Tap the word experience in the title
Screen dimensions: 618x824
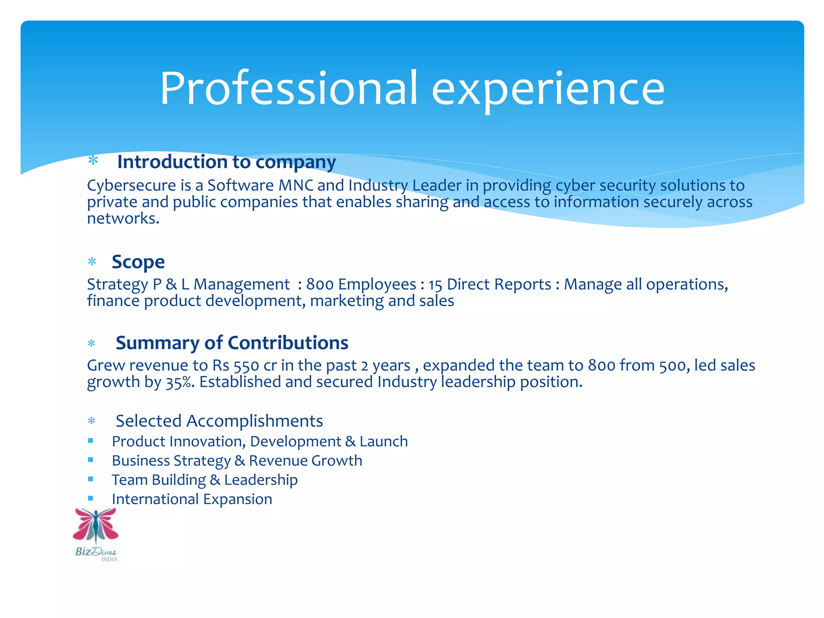tap(548, 89)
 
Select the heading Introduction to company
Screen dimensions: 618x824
tap(226, 162)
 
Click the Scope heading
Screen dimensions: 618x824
tap(138, 262)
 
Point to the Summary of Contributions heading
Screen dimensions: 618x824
tap(232, 343)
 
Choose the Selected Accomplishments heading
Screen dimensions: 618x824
tap(219, 421)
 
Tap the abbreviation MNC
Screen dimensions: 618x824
tap(296, 185)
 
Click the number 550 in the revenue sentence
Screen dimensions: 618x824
tap(246, 366)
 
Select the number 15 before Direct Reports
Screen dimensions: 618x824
tap(435, 285)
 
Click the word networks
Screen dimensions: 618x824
tap(123, 218)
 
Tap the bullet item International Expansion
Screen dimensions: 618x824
tap(192, 499)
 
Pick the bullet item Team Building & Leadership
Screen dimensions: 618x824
tap(204, 480)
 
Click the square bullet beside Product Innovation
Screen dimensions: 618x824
tap(91, 441)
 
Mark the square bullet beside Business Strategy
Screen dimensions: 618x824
tap(91, 460)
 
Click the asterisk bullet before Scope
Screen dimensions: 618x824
tap(92, 262)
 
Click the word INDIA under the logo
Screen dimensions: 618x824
tap(109, 559)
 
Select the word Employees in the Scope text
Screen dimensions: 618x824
tap(377, 284)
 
